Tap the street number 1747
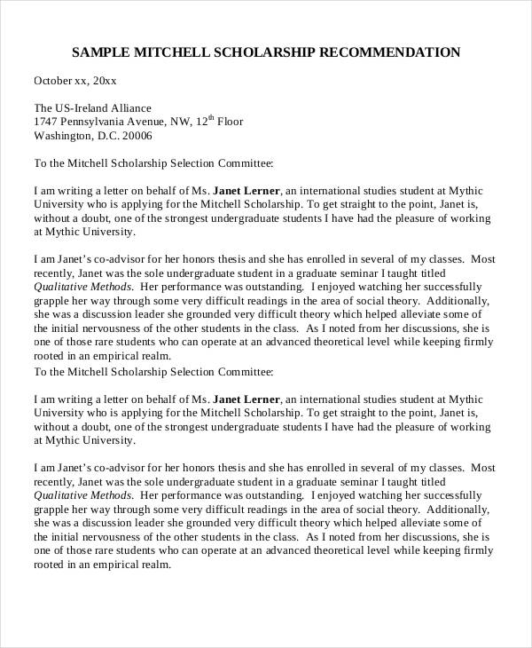(x=46, y=122)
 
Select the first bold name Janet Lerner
(x=247, y=191)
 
